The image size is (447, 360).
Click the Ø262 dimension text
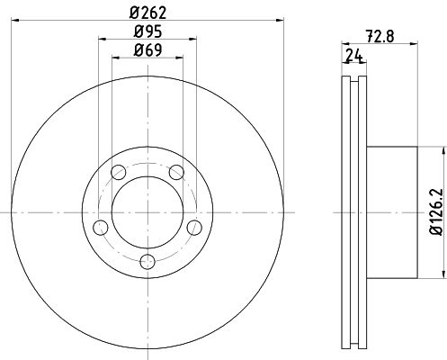click(x=148, y=12)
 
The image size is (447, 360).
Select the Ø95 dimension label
click(x=148, y=31)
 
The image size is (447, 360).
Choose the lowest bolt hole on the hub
click(x=148, y=262)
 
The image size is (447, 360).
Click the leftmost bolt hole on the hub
click(x=102, y=228)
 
